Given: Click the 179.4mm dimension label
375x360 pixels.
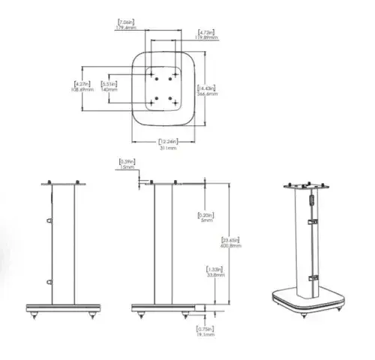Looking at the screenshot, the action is [x=125, y=28].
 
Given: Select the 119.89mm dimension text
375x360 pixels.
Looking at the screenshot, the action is [x=208, y=37].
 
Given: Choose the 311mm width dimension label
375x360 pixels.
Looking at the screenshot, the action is [x=167, y=148].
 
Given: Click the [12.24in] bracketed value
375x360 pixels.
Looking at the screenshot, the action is [x=167, y=142].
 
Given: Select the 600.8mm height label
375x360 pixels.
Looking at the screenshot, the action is [x=230, y=245].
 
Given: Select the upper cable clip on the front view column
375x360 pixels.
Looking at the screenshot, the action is [x=48, y=221].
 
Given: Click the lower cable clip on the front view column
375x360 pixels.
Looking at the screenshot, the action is [x=48, y=282].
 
